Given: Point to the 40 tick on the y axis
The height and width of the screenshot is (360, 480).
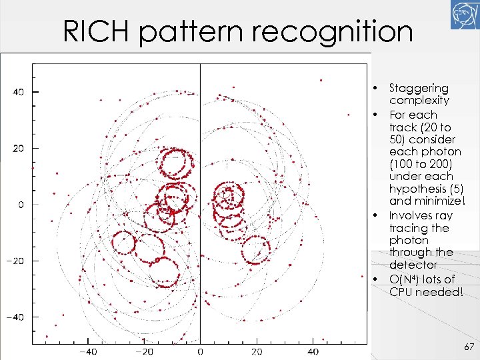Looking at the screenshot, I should click(x=18, y=92).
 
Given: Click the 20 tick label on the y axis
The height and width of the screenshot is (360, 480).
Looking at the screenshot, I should click(x=18, y=148).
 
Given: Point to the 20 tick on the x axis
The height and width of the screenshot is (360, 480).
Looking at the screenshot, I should click(x=257, y=351).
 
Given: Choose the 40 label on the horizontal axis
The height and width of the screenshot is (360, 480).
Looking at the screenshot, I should click(x=313, y=351).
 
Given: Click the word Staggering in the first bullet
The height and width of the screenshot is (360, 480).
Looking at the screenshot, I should click(x=419, y=89).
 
